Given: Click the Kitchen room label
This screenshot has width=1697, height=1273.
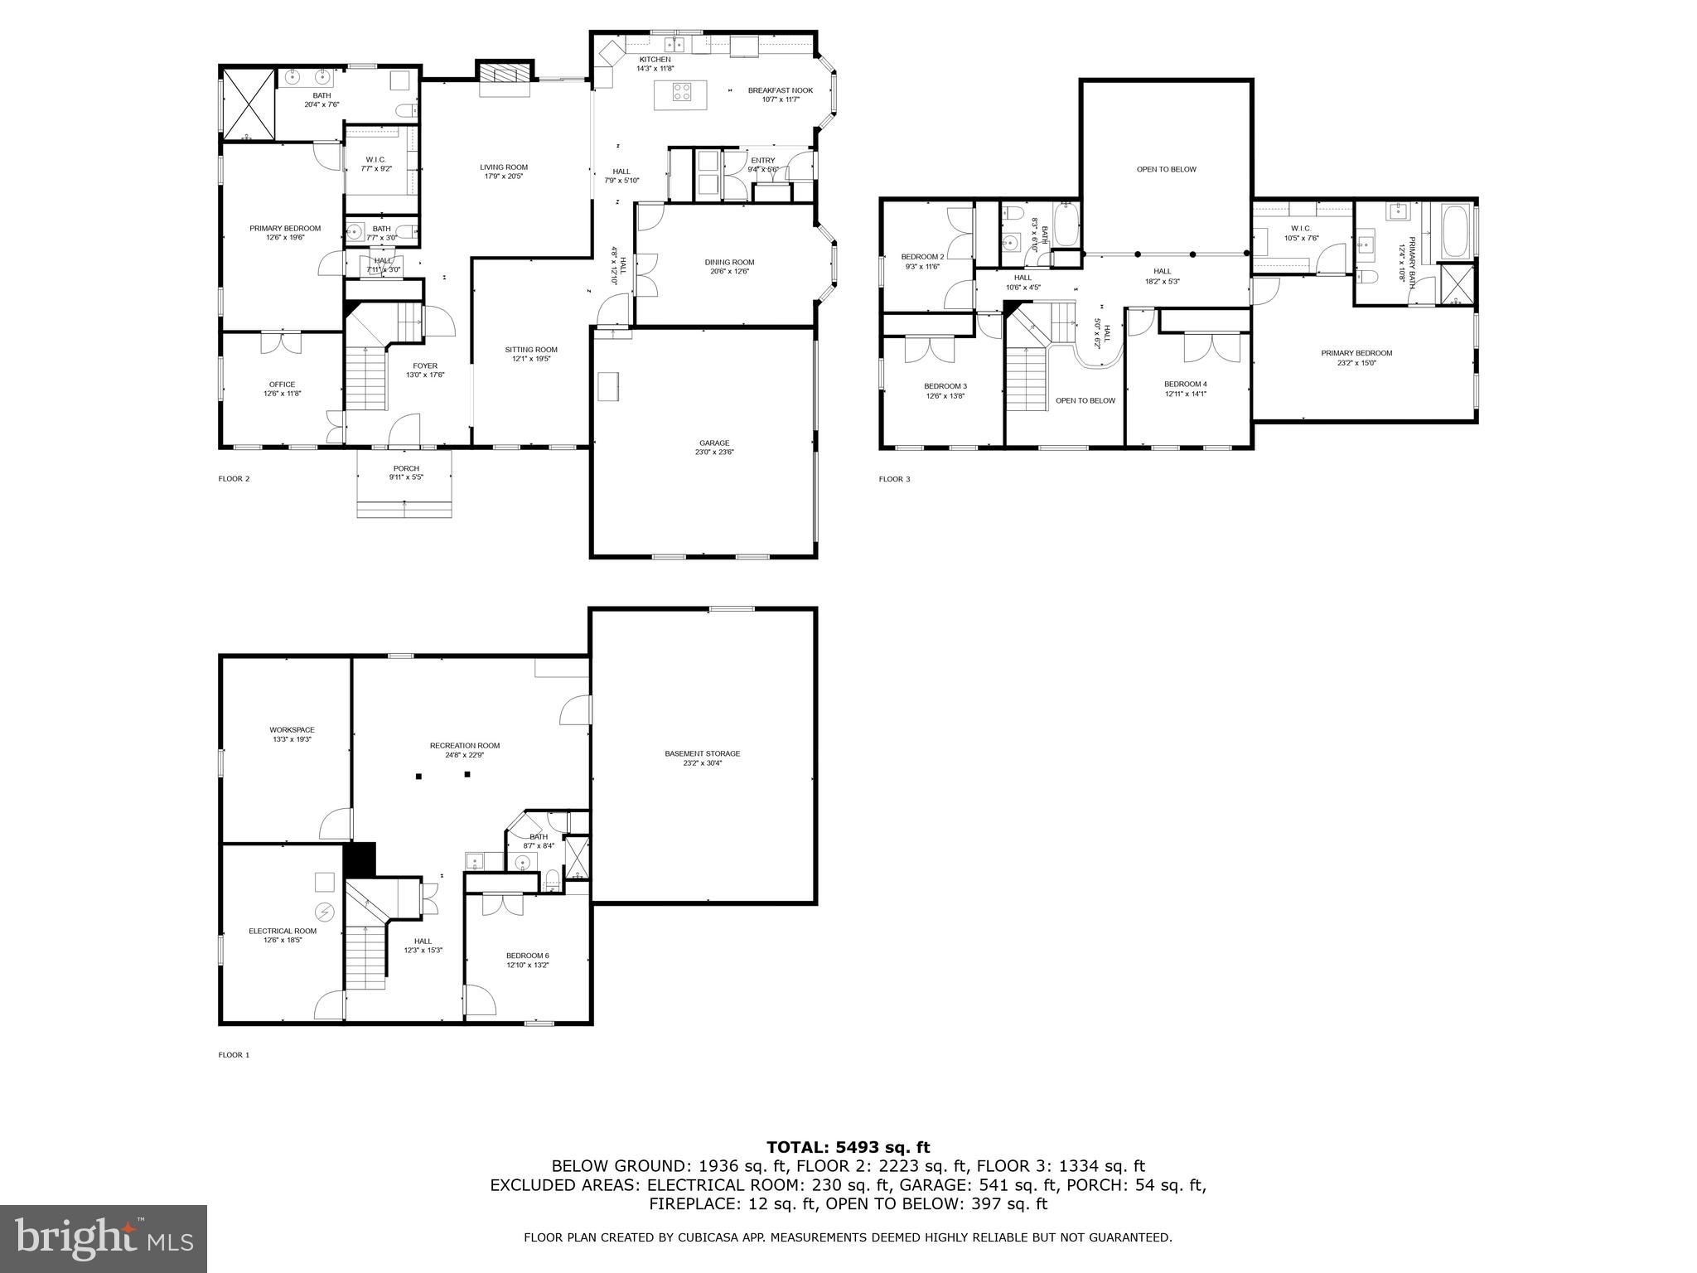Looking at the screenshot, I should (x=654, y=60).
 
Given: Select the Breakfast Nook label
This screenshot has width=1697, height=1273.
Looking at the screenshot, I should (x=780, y=90).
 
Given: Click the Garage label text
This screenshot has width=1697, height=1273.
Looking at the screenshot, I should (x=714, y=443).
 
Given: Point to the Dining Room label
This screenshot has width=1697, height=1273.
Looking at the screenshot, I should (x=729, y=262).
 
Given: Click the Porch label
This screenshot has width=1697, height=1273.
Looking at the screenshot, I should (x=406, y=468).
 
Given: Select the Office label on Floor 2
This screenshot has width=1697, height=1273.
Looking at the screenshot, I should (x=282, y=385).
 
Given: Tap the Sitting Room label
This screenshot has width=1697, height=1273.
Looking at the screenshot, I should (x=531, y=350).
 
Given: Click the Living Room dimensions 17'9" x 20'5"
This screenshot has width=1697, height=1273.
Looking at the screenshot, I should (x=503, y=177).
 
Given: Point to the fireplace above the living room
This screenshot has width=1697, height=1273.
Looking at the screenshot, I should (x=503, y=74).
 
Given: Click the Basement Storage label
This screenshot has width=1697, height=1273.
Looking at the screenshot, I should (x=702, y=753).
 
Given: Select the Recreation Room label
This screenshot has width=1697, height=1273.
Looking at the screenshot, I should (x=464, y=745).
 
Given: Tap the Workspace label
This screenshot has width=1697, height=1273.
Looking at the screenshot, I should (x=292, y=730).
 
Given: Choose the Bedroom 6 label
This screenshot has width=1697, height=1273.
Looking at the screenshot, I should (x=528, y=956).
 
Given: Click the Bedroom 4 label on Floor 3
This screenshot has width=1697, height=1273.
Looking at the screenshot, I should (x=1185, y=385).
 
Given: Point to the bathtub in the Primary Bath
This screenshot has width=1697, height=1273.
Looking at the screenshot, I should (x=1456, y=234).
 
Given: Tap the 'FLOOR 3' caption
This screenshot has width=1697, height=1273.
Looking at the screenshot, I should (x=894, y=479).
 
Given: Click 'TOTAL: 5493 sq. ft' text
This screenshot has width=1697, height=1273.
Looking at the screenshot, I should (x=848, y=1148).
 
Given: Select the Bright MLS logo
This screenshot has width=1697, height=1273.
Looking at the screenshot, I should (x=104, y=1238).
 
